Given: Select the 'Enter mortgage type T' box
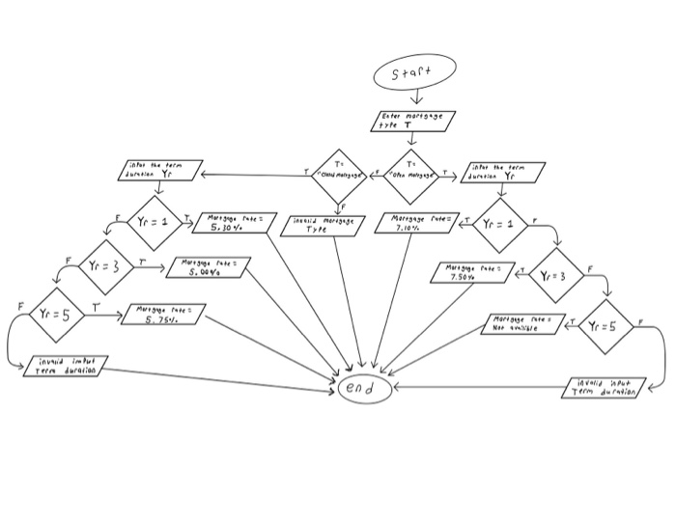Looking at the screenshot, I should [413, 121].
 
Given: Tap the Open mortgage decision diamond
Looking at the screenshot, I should [413, 176].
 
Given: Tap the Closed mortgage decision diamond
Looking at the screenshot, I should [338, 176].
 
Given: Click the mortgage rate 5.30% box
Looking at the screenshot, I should [230, 224].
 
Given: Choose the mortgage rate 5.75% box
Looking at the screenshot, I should [162, 314].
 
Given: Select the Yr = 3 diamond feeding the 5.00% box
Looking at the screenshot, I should [107, 265].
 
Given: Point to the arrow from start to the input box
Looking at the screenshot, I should [414, 97].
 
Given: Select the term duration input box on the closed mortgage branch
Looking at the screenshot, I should [160, 173].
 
